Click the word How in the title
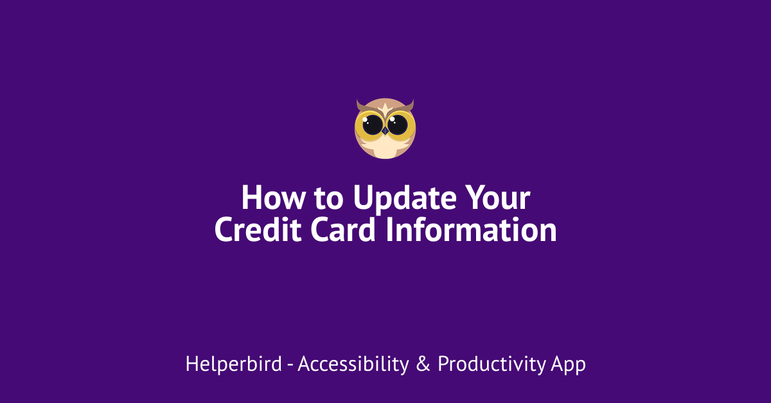(x=273, y=197)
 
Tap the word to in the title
(x=329, y=199)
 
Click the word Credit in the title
(x=258, y=229)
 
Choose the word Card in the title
(x=343, y=229)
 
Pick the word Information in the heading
(x=471, y=229)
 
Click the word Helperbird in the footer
(x=234, y=364)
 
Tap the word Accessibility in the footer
(x=353, y=364)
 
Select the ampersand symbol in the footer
(x=423, y=364)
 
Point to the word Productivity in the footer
(x=492, y=364)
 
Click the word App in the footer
(x=568, y=365)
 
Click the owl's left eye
(x=372, y=125)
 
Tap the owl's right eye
(x=398, y=125)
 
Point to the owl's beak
(x=385, y=131)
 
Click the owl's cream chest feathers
(x=385, y=147)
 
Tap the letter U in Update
(x=364, y=197)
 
